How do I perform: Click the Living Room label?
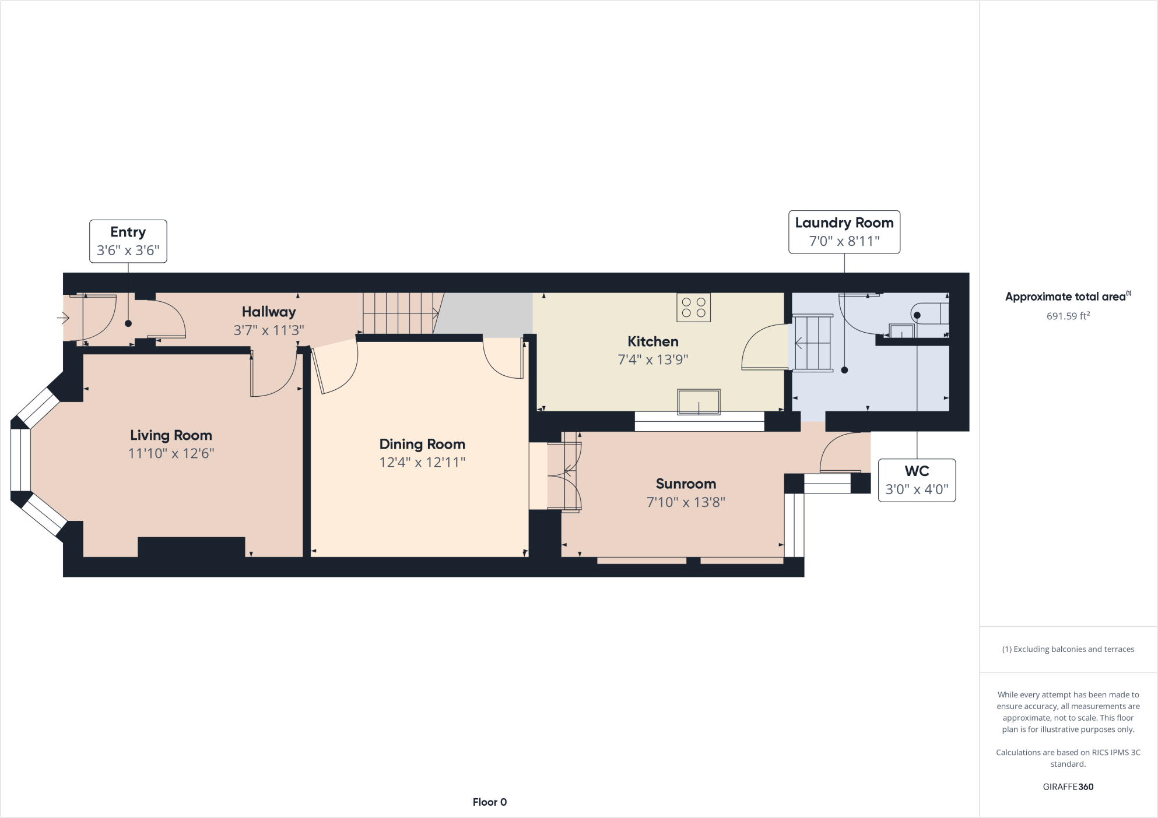171,435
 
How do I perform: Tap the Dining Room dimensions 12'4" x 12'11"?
422,463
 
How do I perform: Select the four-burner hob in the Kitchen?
693,308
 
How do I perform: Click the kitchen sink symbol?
698,401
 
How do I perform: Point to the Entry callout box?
128,241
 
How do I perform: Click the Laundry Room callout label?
844,223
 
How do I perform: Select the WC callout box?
917,480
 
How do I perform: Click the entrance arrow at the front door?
63,318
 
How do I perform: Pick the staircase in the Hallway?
399,313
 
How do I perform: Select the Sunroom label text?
686,484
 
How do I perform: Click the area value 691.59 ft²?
1068,316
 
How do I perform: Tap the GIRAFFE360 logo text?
1068,787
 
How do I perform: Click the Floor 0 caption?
489,802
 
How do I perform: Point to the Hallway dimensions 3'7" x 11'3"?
269,330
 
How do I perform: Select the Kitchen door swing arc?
763,347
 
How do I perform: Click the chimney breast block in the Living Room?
191,547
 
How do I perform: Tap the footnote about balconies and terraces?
1068,649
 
